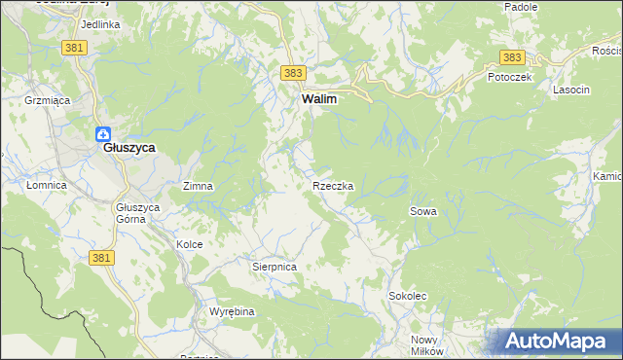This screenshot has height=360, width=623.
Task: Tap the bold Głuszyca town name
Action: [x=131, y=151]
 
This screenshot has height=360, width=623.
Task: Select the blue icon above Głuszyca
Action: [x=103, y=135]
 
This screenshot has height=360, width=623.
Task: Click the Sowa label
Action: [x=422, y=211]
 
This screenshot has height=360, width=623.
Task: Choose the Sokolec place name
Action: [x=408, y=295]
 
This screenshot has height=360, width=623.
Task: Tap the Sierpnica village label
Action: [x=274, y=266]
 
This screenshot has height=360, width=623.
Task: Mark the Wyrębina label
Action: [x=232, y=311]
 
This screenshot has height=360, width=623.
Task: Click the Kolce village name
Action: [x=189, y=244]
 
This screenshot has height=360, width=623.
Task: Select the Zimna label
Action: [x=198, y=185]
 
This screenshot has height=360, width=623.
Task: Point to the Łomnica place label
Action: [x=46, y=185]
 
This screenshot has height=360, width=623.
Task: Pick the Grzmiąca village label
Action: [x=45, y=99]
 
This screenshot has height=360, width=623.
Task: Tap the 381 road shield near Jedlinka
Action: [x=74, y=47]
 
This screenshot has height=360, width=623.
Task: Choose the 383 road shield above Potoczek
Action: [x=512, y=58]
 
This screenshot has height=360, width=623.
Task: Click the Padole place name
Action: [x=521, y=7]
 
